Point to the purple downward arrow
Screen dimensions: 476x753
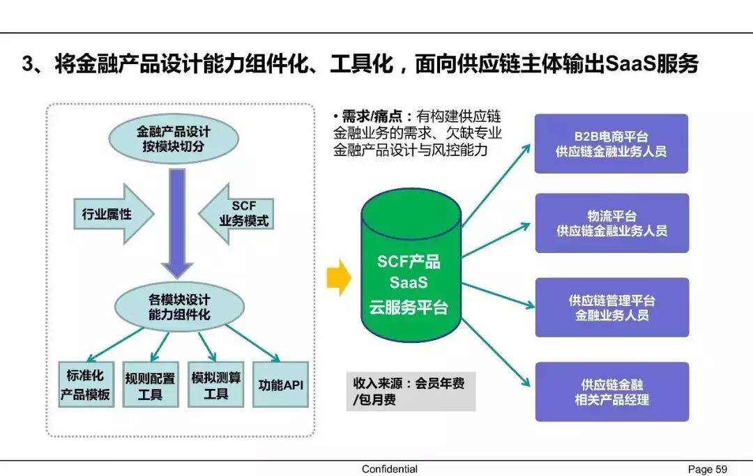(178, 223)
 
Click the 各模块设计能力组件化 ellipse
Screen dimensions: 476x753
(179, 307)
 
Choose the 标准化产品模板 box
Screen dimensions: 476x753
(86, 385)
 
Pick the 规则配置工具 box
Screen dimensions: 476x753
(151, 385)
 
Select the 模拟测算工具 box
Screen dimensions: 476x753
(216, 385)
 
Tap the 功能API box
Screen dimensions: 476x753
(280, 385)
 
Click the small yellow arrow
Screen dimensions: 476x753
(338, 277)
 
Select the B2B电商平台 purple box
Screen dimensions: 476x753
(611, 144)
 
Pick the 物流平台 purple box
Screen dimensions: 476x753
(611, 223)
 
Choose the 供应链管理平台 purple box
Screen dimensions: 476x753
(611, 307)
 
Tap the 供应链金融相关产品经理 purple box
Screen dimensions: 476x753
(611, 392)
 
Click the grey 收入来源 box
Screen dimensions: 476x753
(411, 392)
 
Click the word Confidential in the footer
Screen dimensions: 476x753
(389, 469)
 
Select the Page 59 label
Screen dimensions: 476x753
(707, 469)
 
